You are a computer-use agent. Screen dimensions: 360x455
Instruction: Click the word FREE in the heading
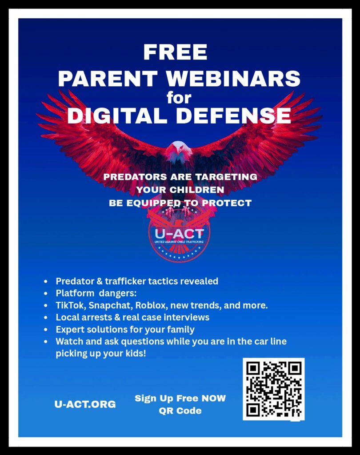[x=175, y=52]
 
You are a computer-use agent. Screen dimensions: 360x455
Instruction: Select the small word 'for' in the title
[x=179, y=98]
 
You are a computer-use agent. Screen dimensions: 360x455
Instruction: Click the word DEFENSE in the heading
[x=233, y=115]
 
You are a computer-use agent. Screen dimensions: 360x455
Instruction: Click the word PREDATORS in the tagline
[x=135, y=177]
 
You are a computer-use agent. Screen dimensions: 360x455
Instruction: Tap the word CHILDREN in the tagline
[x=196, y=190]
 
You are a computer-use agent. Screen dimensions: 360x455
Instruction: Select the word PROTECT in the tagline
[x=227, y=203]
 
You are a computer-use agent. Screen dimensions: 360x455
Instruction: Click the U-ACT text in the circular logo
[x=179, y=233]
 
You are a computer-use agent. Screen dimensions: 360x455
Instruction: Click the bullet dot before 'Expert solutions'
[x=46, y=330]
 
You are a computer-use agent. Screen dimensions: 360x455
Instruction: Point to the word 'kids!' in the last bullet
[x=136, y=353]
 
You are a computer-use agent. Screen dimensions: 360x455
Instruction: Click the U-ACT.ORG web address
[x=85, y=404]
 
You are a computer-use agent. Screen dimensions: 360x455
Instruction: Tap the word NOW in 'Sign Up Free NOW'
[x=213, y=398]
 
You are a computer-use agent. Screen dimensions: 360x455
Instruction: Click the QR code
[x=273, y=389]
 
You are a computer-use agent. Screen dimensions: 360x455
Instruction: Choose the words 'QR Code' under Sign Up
[x=180, y=411]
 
